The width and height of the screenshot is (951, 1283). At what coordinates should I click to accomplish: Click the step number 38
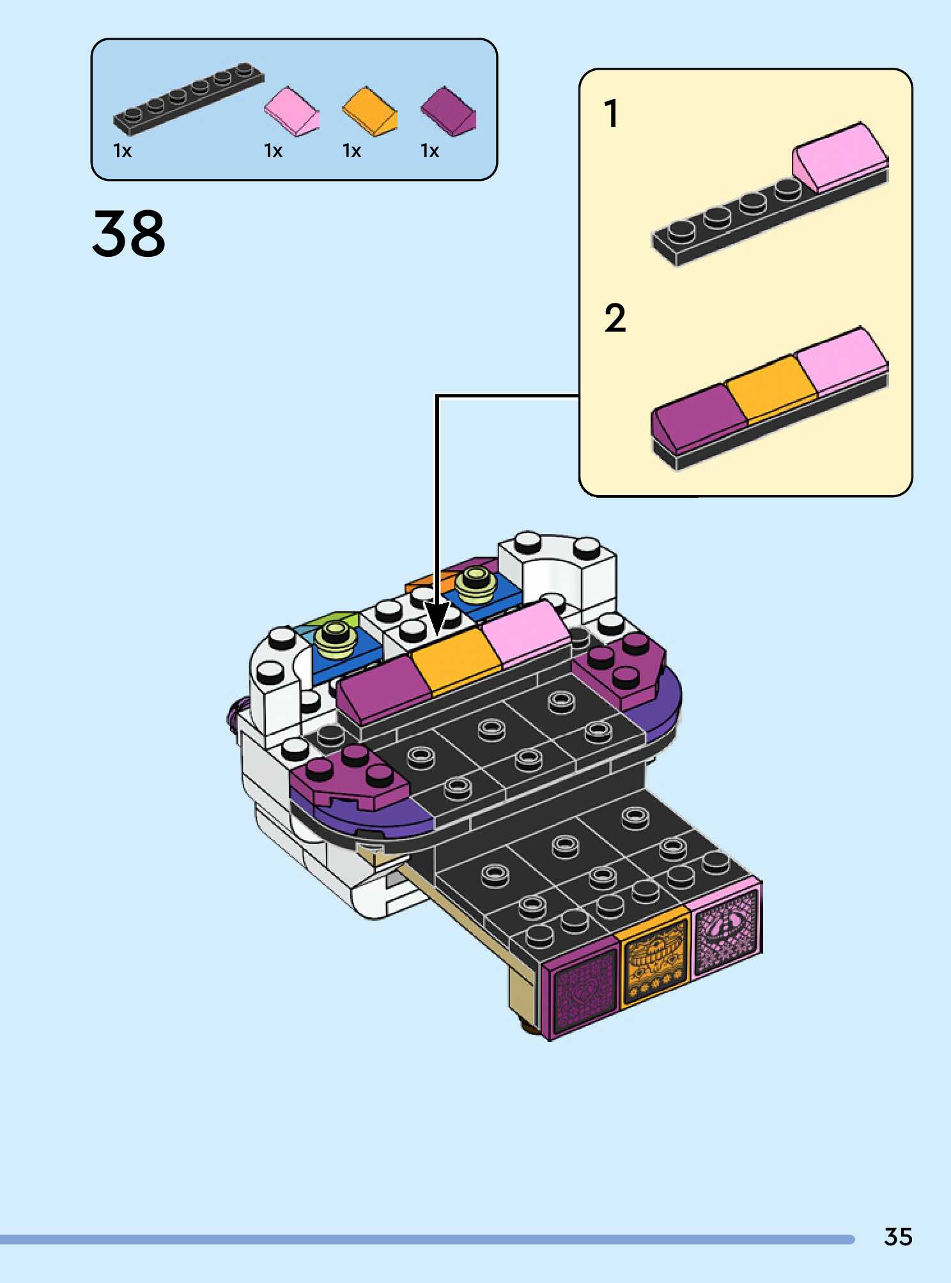(128, 234)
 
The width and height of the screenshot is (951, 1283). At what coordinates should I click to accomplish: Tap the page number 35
(897, 1237)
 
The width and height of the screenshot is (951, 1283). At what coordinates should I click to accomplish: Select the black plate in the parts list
(189, 100)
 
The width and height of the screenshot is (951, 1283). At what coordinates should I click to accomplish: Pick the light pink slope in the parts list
(291, 111)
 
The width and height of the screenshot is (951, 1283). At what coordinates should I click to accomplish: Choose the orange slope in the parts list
(369, 111)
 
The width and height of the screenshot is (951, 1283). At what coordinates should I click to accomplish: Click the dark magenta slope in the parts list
(448, 111)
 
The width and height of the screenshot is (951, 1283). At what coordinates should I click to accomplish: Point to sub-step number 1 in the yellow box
(611, 114)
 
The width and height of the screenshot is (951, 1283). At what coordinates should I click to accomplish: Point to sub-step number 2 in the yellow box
(615, 318)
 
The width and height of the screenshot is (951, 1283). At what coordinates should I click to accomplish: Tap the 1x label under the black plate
(122, 151)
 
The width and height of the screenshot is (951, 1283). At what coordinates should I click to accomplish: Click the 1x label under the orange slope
(352, 151)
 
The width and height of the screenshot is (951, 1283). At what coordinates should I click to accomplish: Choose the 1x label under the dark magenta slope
(429, 151)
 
